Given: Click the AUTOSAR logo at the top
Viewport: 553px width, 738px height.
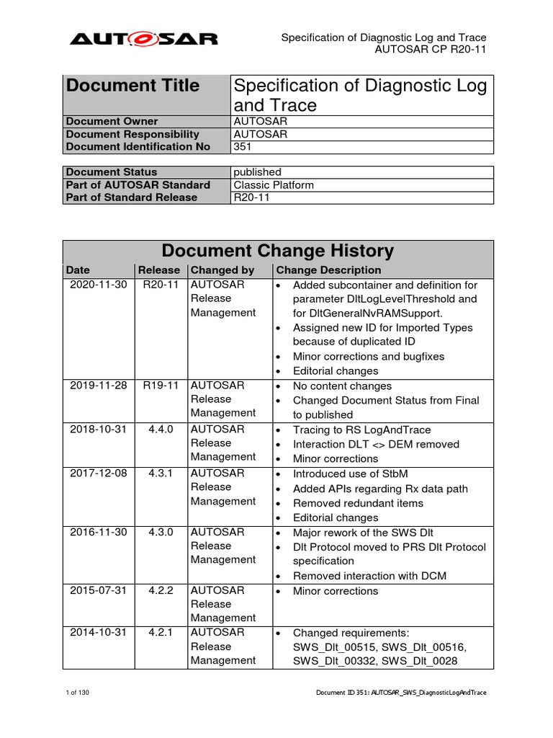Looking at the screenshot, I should coord(143,39).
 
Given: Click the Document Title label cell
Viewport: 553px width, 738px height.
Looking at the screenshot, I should coord(133,86).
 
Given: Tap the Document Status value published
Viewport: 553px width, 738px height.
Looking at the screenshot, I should coord(258,172).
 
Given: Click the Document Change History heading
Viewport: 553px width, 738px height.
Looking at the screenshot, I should coord(277,251).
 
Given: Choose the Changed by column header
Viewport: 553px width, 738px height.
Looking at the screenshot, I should coord(222,270).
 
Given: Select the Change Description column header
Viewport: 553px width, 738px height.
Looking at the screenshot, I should coord(328,270).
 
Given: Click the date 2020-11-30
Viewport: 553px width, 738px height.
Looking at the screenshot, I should coord(98,285).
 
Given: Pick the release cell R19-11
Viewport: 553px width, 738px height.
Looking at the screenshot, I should coord(160,386).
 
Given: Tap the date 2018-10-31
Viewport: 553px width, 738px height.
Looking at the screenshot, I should coord(98,429).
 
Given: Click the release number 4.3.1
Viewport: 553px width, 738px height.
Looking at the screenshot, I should coord(160,474).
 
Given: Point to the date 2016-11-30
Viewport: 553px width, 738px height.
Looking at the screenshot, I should coord(98,532).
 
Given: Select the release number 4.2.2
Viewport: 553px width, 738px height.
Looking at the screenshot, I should coord(160,590).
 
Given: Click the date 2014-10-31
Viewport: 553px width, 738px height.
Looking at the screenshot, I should coord(98,633).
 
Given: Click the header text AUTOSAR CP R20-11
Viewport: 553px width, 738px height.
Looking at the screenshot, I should coord(431,50).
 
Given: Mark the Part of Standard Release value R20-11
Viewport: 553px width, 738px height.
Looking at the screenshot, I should coord(252,197).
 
